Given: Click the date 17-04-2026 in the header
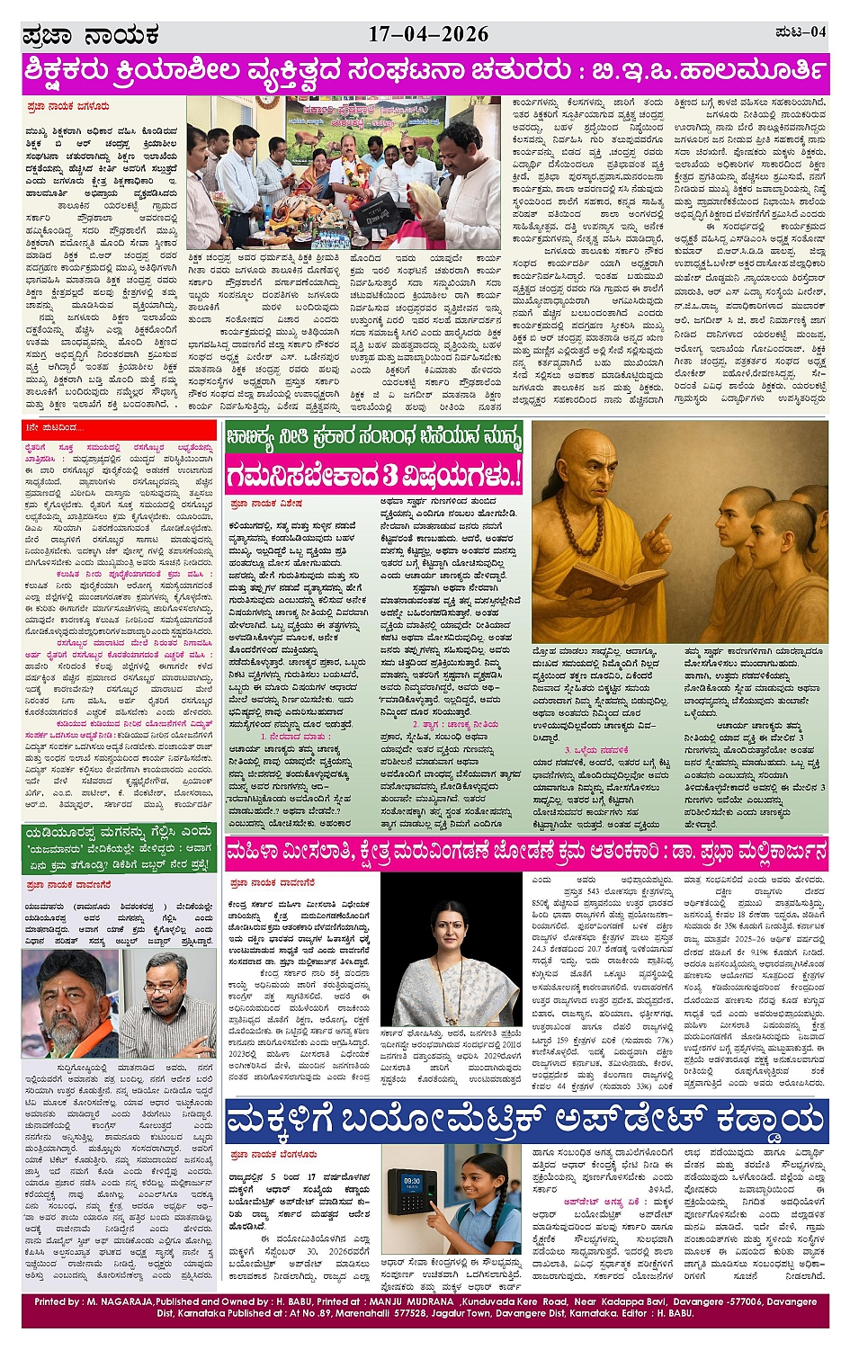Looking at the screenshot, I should [428, 34].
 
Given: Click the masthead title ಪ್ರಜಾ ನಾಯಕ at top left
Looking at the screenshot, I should [91, 36].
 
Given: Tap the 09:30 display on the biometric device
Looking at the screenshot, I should [412, 1181].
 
